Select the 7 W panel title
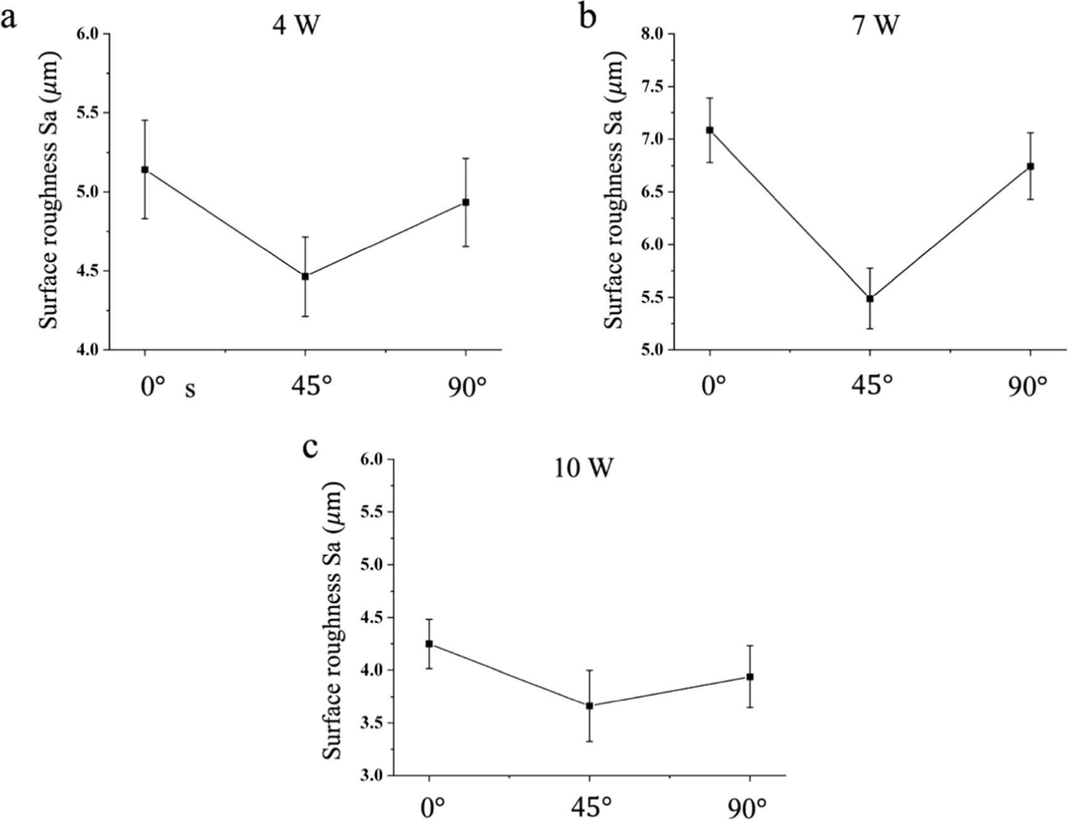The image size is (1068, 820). (876, 26)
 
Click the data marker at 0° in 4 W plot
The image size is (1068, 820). (145, 169)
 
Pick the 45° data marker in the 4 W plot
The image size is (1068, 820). (305, 276)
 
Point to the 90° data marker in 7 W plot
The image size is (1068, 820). (1030, 166)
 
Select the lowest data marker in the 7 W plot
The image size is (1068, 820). (870, 298)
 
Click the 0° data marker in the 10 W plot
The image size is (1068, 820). (429, 644)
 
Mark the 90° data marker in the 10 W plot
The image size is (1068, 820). (750, 676)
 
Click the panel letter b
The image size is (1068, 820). (587, 17)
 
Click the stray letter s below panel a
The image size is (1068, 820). (190, 390)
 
